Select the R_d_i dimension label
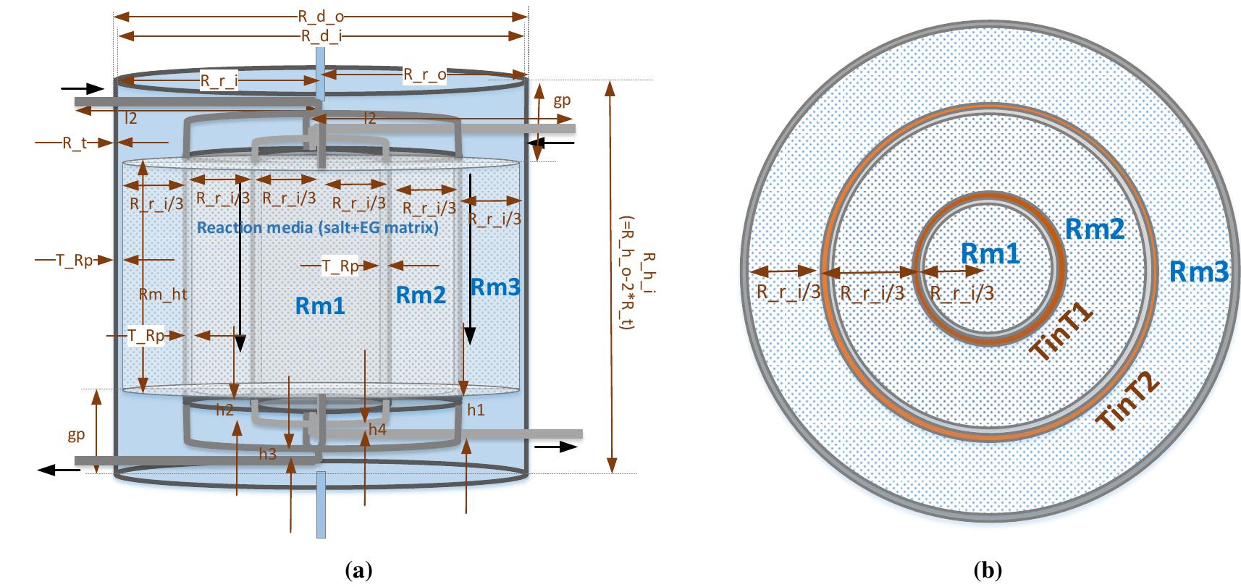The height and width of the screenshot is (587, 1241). [320, 37]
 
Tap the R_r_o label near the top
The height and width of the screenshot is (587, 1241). [424, 74]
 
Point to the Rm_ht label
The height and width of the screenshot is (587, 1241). [163, 293]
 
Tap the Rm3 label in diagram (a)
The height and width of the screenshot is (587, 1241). [495, 287]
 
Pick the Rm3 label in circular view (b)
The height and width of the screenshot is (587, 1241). [1200, 272]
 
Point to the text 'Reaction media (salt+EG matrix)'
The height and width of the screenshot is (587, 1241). [318, 228]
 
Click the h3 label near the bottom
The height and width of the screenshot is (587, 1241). [267, 454]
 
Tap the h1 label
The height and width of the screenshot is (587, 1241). [476, 410]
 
